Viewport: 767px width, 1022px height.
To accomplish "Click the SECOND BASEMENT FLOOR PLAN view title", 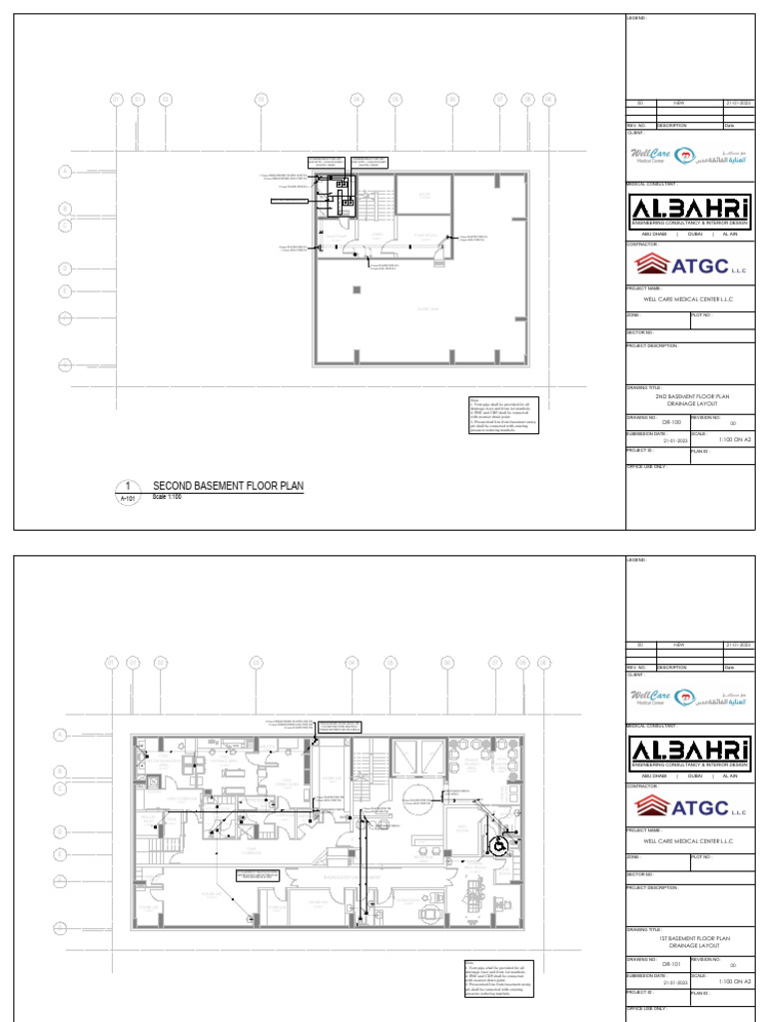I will (227, 486).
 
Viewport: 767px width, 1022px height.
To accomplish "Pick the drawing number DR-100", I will (657, 422).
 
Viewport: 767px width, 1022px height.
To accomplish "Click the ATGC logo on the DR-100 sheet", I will (689, 264).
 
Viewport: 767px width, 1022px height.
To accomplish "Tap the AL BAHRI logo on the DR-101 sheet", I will (689, 751).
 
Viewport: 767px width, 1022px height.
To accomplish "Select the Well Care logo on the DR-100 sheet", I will (689, 157).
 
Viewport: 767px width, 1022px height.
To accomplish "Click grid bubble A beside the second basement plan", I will (65, 173).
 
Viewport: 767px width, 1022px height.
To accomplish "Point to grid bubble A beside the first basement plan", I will (60, 736).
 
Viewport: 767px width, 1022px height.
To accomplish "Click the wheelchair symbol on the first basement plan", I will (497, 844).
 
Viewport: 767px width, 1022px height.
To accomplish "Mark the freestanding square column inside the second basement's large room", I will (357, 289).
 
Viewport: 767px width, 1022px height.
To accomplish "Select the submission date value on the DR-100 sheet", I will (657, 440).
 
